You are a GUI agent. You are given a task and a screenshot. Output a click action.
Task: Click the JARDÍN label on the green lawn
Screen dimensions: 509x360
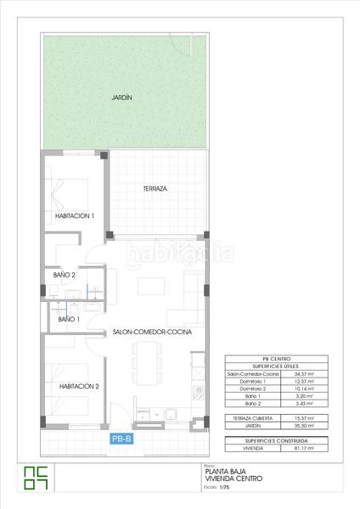(x=121, y=98)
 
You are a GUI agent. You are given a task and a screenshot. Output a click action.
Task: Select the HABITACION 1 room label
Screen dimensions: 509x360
(x=74, y=216)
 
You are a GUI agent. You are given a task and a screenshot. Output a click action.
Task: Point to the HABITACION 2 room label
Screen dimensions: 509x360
(x=74, y=386)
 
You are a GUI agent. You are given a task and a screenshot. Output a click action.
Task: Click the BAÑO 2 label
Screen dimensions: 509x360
(x=65, y=275)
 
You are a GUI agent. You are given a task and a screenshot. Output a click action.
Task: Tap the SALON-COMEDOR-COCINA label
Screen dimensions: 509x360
(x=152, y=333)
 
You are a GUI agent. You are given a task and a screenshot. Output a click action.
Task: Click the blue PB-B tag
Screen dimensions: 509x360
(x=122, y=439)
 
